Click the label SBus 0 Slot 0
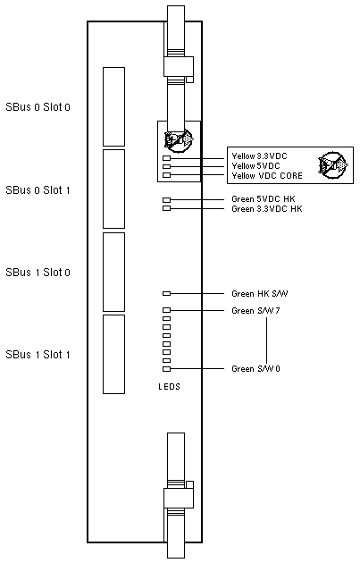(38, 107)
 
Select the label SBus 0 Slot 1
(38, 190)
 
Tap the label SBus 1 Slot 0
(38, 273)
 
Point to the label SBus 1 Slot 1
(38, 355)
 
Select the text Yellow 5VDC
(255, 166)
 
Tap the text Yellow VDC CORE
(267, 175)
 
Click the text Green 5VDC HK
(264, 199)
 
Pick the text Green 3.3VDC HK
(267, 208)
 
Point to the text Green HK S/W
(260, 294)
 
